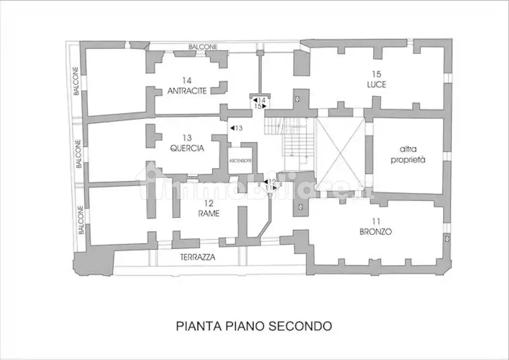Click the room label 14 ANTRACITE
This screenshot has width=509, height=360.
pos(187,86)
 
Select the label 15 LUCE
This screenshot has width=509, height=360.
pos(376,80)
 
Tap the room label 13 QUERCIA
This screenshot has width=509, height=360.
pos(187,143)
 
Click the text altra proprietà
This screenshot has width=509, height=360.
pos(408,154)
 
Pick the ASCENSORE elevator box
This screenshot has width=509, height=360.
pos(241,160)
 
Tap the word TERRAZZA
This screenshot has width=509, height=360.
pos(198,257)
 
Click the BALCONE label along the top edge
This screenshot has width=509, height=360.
pos(203,47)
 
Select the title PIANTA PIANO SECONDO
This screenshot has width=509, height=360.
pos(254,326)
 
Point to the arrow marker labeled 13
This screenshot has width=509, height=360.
pos(236,128)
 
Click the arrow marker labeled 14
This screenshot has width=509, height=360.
pos(259,100)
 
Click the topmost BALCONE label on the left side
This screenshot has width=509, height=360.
pos(76,81)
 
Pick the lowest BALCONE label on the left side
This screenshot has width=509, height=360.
pos(81,220)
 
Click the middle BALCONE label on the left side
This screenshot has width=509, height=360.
pos(78,153)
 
